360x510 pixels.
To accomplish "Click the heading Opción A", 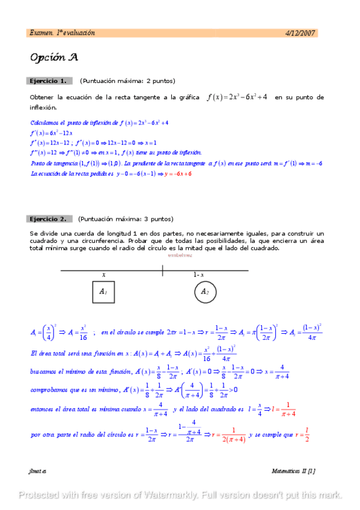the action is point(53,58).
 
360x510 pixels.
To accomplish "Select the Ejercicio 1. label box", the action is point(50,81).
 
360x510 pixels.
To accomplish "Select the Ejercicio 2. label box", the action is point(50,219).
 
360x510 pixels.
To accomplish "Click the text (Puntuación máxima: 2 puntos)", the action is point(127,81).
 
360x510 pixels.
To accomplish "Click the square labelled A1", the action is point(103,292).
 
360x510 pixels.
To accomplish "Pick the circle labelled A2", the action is point(204,292).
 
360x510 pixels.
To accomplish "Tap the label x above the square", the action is point(103,275).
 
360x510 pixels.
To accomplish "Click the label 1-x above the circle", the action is point(198,275).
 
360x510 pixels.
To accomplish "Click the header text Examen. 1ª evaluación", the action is point(63,33).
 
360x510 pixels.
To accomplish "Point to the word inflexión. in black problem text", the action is point(43,108).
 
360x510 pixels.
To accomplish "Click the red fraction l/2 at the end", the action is point(307,434).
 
